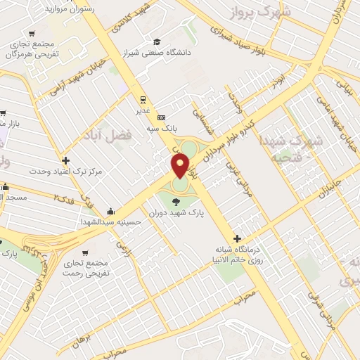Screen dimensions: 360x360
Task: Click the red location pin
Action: point(180,165)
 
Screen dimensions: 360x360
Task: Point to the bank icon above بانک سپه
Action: point(162,117)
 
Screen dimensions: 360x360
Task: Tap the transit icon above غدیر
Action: point(143,99)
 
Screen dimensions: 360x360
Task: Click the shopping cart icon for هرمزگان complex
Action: point(32,33)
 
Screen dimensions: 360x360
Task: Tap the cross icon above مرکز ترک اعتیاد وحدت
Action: point(66,160)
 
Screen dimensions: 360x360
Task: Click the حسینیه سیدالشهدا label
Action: point(112,221)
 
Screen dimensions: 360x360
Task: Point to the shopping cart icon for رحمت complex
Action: point(85,252)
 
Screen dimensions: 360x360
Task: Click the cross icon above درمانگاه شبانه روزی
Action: point(237,239)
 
